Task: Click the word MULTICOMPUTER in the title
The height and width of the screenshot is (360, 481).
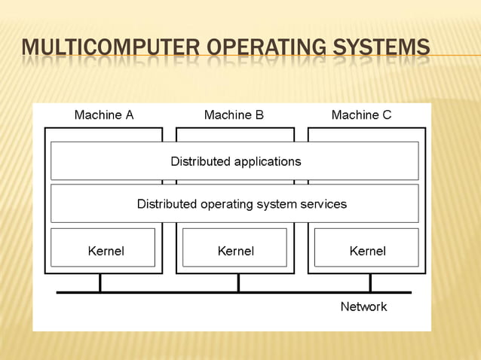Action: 112,49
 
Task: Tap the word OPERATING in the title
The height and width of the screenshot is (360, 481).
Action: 264,49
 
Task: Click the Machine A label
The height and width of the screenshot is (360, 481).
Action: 103,115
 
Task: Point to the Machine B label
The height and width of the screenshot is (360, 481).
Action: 234,115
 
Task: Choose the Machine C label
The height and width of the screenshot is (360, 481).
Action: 361,115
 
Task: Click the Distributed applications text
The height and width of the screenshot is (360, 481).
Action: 235,161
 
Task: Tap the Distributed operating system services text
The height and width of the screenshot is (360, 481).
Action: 241,204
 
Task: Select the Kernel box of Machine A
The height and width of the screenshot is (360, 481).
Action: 103,248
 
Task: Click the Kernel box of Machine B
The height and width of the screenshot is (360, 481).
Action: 235,248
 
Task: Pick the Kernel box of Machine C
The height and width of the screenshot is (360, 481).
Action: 366,248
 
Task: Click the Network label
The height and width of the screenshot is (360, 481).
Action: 363,307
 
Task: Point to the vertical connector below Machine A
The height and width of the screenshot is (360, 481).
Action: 100,282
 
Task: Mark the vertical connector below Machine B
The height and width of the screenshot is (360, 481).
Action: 238,282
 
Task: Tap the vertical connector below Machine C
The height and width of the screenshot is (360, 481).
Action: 370,282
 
